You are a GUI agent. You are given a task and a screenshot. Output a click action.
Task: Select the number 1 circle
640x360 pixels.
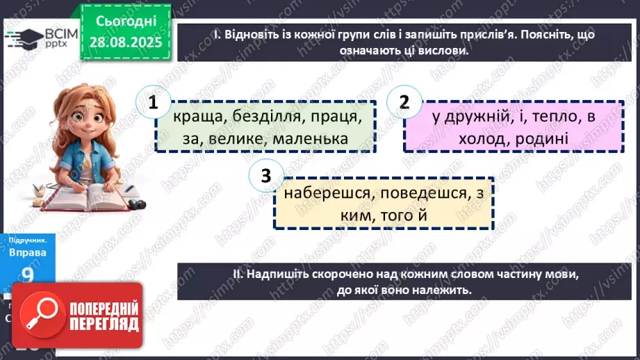pos(153,103)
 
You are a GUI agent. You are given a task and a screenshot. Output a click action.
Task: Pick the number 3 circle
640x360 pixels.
pos(265,177)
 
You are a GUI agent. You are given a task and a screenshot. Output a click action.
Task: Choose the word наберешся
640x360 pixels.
pos(325,194)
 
